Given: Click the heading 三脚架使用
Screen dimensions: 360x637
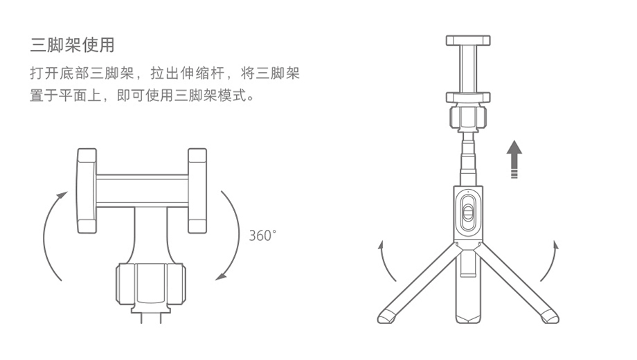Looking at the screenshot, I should coord(72,46).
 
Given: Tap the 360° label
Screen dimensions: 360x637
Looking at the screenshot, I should coord(262,235).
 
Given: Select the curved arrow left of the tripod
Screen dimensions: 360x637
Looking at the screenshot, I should coord(384,262).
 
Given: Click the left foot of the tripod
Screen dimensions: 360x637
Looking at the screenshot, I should coord(386,316).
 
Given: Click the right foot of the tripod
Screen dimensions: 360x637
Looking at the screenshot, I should coord(549,316).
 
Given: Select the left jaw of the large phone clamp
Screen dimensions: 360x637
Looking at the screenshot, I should coord(87,191).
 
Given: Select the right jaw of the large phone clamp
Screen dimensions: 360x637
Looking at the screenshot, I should coord(197,191).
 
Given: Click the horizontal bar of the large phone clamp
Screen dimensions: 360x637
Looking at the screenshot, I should coord(142,191).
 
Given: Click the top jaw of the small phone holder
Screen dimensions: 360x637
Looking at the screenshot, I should coord(467,39).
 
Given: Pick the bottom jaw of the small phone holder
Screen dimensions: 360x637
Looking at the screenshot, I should coord(467,97).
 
